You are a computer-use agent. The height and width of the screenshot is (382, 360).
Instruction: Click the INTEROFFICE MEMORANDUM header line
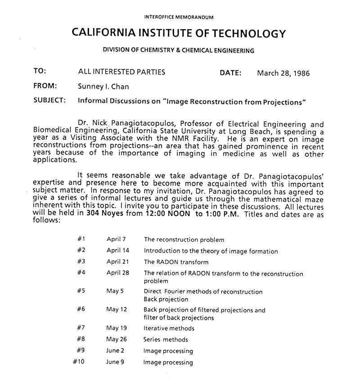tap(179, 17)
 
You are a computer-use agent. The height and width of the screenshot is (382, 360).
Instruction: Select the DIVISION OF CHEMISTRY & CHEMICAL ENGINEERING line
tap(179, 51)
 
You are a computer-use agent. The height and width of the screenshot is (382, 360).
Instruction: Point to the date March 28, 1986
tap(283, 73)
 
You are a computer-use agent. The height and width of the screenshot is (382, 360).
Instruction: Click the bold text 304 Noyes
tap(111, 214)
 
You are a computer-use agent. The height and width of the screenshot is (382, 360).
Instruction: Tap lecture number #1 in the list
tap(81, 239)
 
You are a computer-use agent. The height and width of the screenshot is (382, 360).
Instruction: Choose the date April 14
tap(118, 250)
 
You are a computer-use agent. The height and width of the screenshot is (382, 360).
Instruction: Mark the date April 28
tap(118, 273)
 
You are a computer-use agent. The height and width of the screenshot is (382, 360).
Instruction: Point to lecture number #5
tap(81, 291)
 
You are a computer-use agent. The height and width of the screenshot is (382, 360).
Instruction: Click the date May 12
tap(117, 309)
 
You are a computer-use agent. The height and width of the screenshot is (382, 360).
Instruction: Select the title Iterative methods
tap(169, 328)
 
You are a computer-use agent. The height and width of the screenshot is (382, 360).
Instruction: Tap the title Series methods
tap(166, 340)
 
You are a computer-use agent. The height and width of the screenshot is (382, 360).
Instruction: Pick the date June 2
tap(116, 350)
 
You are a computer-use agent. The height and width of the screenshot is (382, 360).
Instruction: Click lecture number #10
tap(80, 362)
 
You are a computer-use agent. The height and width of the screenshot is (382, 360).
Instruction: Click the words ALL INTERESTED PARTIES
tap(121, 72)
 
